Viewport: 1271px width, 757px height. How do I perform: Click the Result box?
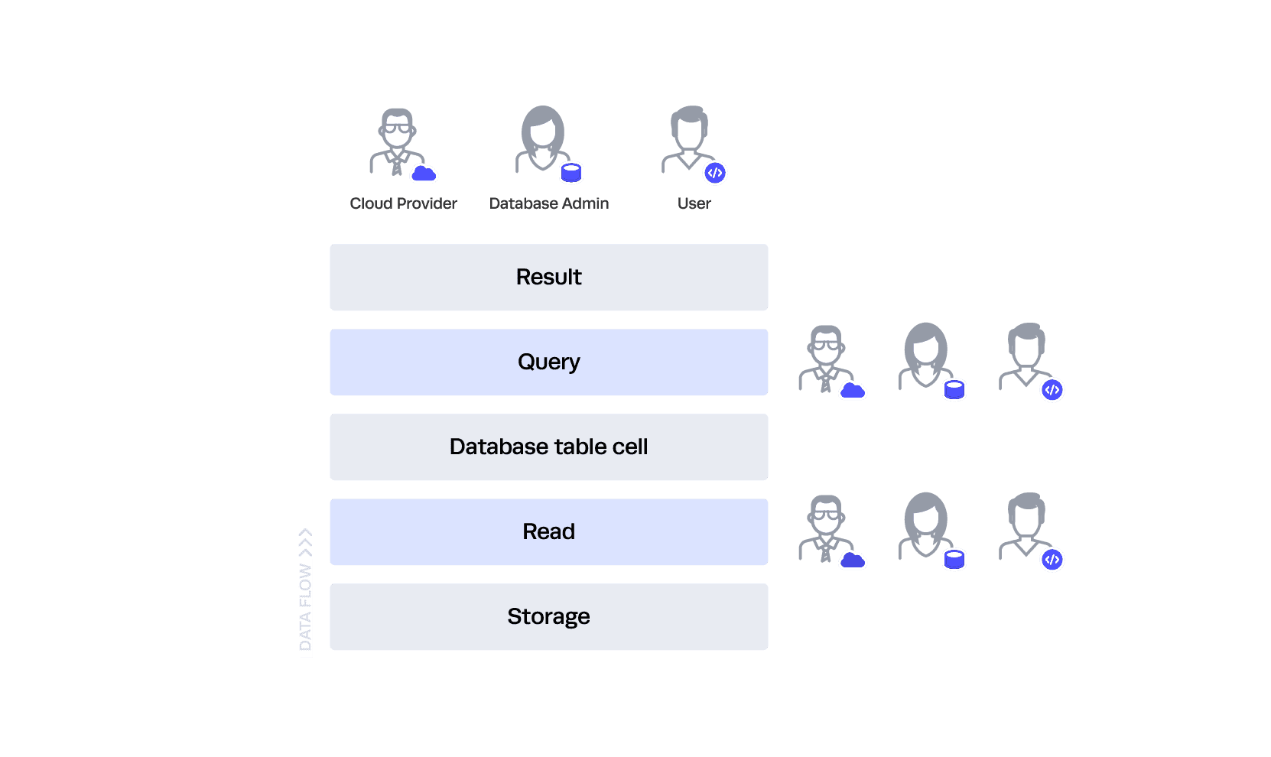pyautogui.click(x=548, y=277)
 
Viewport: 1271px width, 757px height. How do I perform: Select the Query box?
pyautogui.click(x=548, y=362)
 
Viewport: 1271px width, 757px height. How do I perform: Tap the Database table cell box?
pyautogui.click(x=548, y=447)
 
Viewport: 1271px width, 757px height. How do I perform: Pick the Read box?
pyautogui.click(x=548, y=531)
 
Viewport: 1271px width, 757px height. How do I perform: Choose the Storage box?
pyautogui.click(x=548, y=616)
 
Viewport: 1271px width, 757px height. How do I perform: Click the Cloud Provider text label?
pyautogui.click(x=403, y=203)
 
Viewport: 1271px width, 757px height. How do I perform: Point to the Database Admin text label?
pyautogui.click(x=549, y=203)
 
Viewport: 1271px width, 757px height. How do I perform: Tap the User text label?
pyautogui.click(x=694, y=203)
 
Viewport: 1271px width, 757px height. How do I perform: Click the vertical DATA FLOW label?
pyautogui.click(x=306, y=608)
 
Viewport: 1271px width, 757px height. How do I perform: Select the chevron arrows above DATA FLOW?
pyautogui.click(x=305, y=542)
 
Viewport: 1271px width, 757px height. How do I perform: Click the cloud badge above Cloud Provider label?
pyautogui.click(x=424, y=174)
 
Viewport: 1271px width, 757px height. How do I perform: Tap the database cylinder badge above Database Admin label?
pyautogui.click(x=571, y=174)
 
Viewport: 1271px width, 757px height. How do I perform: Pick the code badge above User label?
pyautogui.click(x=715, y=173)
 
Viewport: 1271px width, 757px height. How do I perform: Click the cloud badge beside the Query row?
pyautogui.click(x=853, y=391)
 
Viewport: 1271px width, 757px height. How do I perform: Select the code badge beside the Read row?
pyautogui.click(x=1052, y=560)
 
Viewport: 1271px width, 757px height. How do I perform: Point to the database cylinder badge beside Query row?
pyautogui.click(x=954, y=390)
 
